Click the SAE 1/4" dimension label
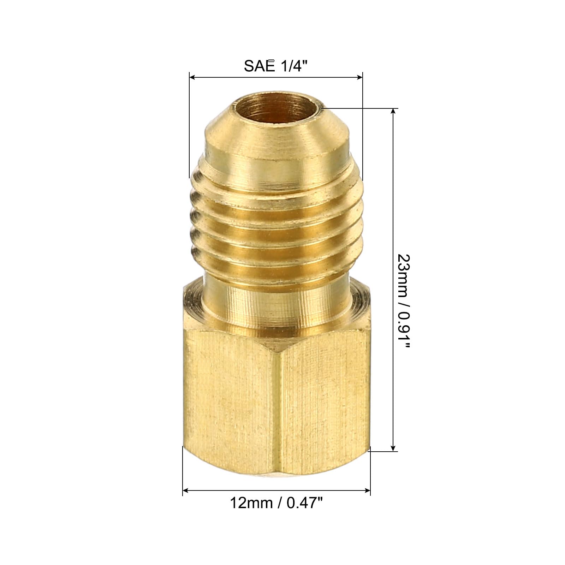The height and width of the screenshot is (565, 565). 274,66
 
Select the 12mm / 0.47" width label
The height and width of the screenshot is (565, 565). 276,503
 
